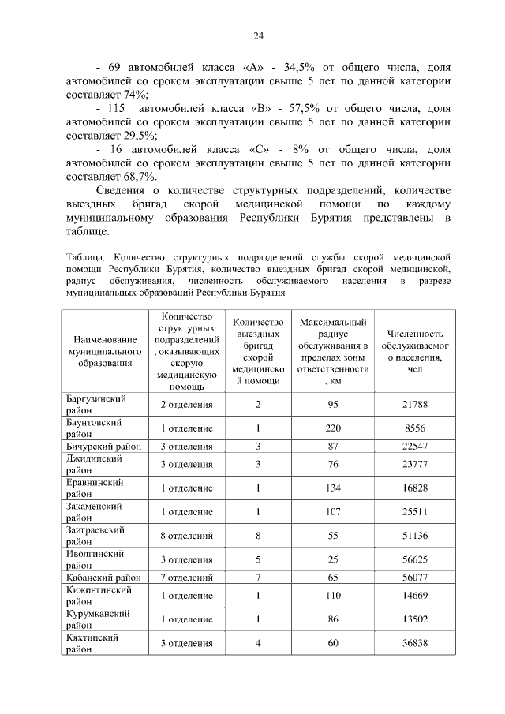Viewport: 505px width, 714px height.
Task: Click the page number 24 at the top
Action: [258, 36]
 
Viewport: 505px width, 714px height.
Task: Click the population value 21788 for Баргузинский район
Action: [414, 405]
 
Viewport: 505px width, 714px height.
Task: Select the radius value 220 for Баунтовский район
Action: [333, 428]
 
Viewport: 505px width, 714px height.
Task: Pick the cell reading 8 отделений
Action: [187, 536]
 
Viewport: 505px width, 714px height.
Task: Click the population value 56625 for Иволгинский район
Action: [414, 560]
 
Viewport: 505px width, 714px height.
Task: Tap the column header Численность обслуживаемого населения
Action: [414, 351]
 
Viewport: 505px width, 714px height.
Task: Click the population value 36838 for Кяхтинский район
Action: [414, 644]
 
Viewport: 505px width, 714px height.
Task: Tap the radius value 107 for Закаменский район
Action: [333, 512]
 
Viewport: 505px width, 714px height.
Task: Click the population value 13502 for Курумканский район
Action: [414, 620]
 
